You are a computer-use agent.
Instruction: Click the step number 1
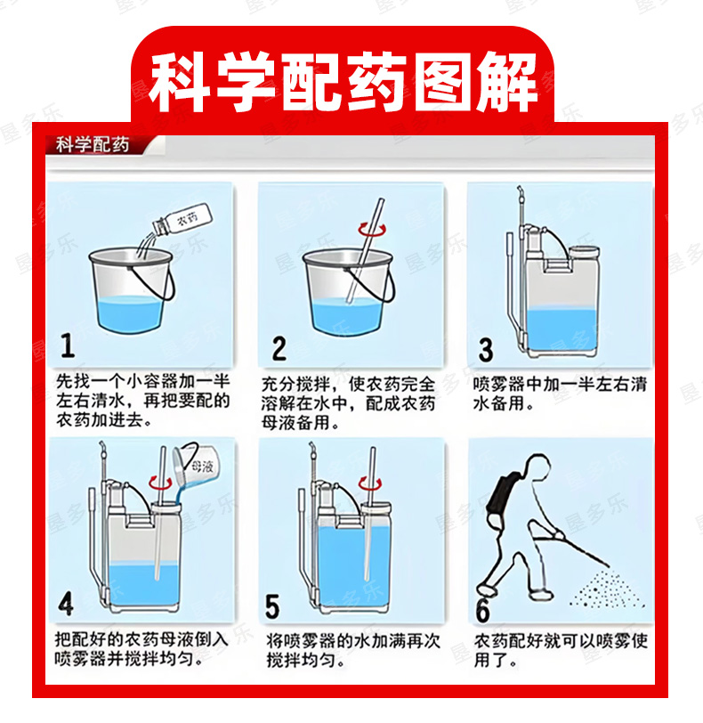click(x=68, y=345)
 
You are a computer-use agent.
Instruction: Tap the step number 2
click(x=279, y=348)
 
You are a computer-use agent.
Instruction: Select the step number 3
click(x=486, y=350)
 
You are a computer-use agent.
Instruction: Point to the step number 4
click(x=66, y=604)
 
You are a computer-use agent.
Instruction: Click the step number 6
click(x=482, y=609)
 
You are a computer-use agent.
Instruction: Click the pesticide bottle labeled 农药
click(x=183, y=220)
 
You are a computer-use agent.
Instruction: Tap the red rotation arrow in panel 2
click(x=372, y=229)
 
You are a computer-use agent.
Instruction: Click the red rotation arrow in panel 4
click(x=160, y=483)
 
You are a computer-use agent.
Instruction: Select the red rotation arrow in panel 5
click(x=370, y=483)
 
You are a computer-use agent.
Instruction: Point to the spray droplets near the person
click(x=606, y=590)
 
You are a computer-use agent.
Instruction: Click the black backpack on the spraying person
click(x=502, y=495)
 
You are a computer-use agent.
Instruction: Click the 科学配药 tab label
click(x=93, y=145)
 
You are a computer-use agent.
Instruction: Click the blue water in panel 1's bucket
click(x=131, y=313)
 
